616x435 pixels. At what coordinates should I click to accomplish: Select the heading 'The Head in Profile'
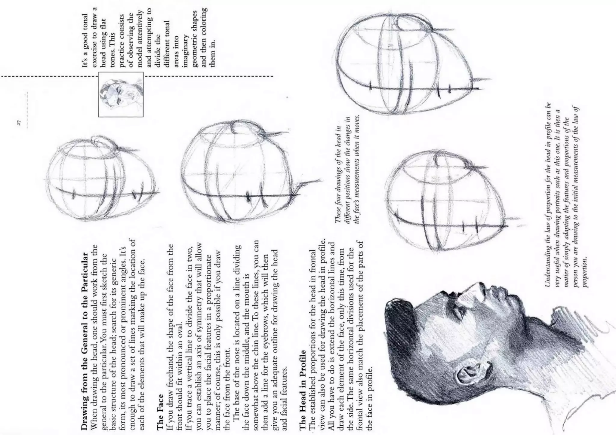(x=302, y=393)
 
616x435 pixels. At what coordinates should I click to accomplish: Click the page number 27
(x=19, y=122)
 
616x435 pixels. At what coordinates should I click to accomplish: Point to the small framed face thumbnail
(x=121, y=94)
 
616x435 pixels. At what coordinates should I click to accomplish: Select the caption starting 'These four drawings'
(x=347, y=171)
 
